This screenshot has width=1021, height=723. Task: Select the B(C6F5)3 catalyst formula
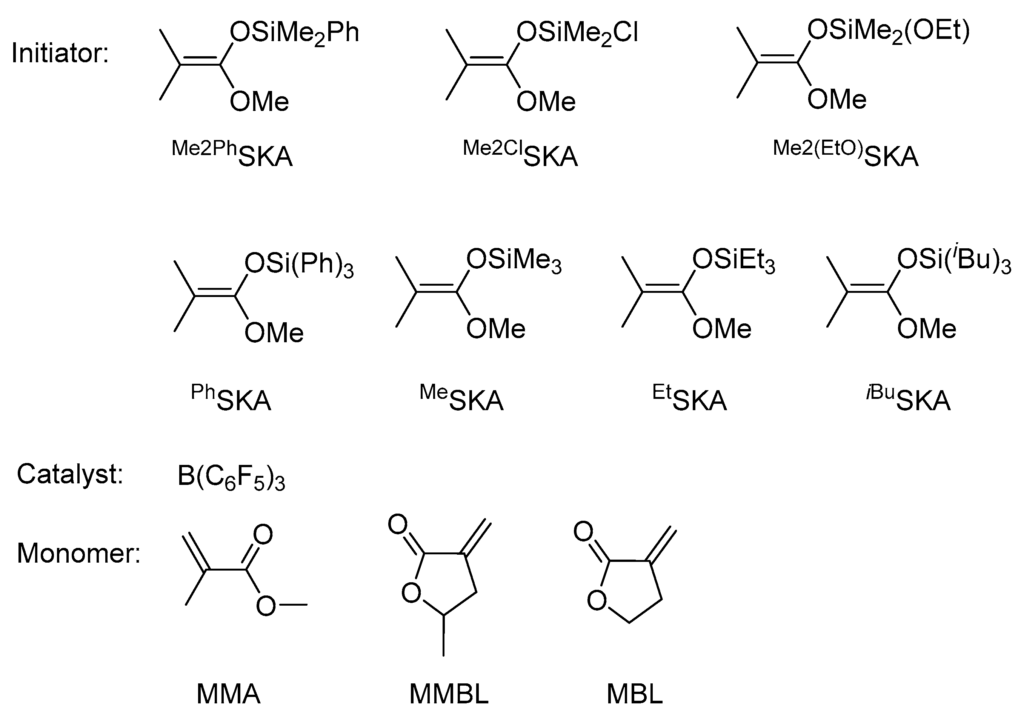pyautogui.click(x=231, y=476)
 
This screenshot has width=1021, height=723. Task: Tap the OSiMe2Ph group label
pyautogui.click(x=294, y=33)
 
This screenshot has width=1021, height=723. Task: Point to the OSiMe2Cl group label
pyautogui.click(x=577, y=33)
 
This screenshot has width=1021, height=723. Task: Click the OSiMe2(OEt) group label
pyautogui.click(x=888, y=31)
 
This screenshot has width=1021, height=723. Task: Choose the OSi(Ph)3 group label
pyautogui.click(x=299, y=265)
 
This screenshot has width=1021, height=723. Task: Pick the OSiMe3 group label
pyautogui.click(x=514, y=260)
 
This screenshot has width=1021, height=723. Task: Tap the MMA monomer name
pyautogui.click(x=228, y=694)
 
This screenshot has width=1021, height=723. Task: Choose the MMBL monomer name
pyautogui.click(x=449, y=694)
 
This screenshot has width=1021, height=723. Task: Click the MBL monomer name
pyautogui.click(x=635, y=694)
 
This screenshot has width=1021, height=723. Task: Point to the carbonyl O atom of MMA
pyautogui.click(x=263, y=534)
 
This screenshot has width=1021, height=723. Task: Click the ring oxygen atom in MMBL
pyautogui.click(x=411, y=593)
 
